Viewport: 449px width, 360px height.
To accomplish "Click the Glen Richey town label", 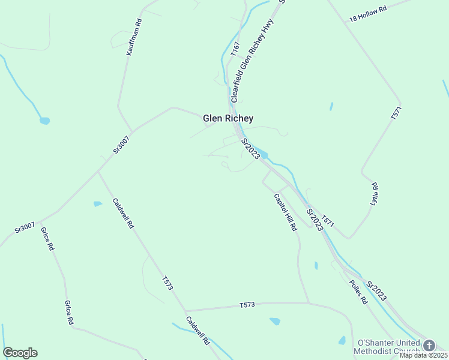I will point(228,118).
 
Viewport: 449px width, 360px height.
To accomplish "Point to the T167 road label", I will point(235,49).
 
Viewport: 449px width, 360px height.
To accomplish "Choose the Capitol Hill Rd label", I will point(285,212).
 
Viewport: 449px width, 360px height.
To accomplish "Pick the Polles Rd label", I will point(357,292).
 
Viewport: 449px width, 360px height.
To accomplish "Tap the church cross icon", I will point(429,346).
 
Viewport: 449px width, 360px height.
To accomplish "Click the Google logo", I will point(20,353).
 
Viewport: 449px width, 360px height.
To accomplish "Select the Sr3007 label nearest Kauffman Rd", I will point(121,145).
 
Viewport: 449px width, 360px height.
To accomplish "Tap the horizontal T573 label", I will point(247,305).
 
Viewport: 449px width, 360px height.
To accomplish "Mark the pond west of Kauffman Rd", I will point(44,121).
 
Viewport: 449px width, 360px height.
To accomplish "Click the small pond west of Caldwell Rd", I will point(97,204).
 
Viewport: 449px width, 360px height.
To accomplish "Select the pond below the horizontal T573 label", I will point(275,321).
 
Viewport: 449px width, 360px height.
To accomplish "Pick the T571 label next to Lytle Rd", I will point(395,114).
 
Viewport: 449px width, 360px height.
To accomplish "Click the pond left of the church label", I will point(342,340).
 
